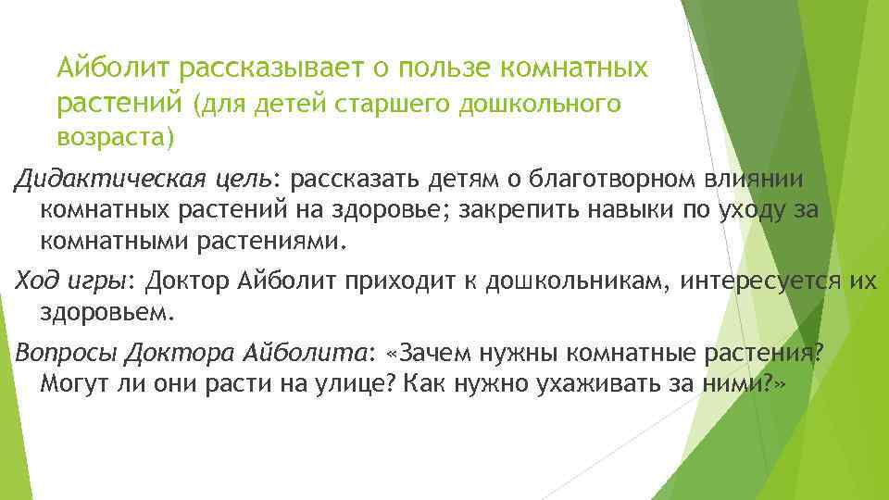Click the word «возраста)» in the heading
(x=114, y=139)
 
